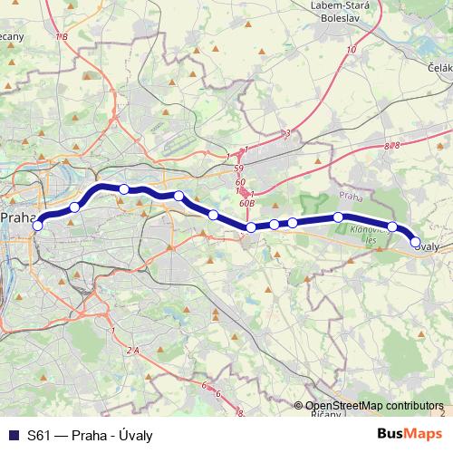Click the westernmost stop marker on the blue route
(38, 226)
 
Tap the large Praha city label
(17, 218)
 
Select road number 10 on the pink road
(351, 50)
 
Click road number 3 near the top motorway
(286, 133)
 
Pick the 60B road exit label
(245, 204)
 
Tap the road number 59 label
(239, 169)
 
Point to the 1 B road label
(62, 37)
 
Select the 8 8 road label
(391, 145)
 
